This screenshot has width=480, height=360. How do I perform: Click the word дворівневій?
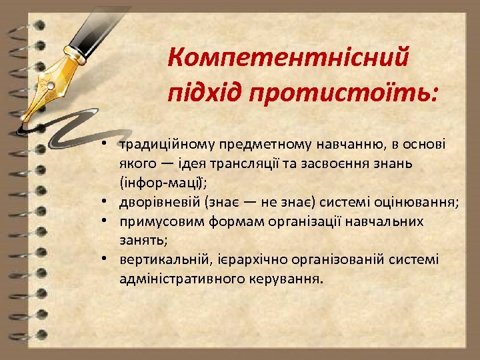coord(160,203)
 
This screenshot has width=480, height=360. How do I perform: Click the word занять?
coord(141,239)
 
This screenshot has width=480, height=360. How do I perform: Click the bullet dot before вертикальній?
coord(106,257)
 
